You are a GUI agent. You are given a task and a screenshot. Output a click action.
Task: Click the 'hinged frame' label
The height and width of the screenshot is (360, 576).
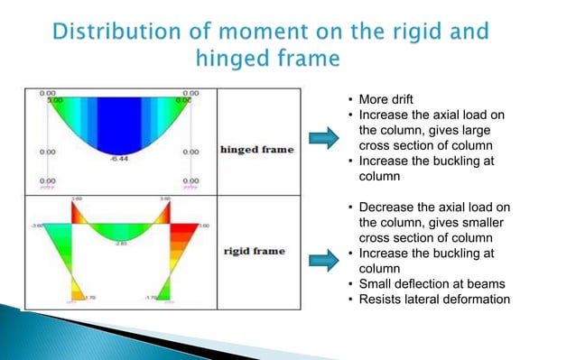[x=257, y=149]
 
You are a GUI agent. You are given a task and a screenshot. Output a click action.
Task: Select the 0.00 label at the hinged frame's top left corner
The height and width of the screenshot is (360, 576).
[x=48, y=92]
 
